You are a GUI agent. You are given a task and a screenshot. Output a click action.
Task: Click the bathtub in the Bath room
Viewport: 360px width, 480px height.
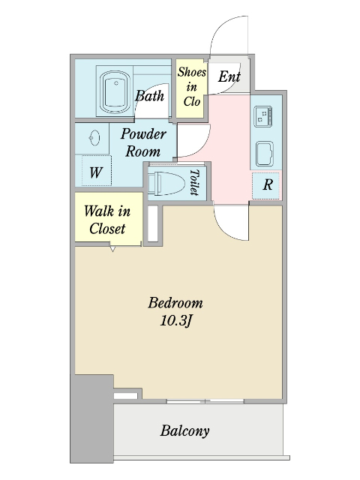tap(115, 91)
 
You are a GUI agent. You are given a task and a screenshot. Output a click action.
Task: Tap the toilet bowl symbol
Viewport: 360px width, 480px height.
tap(166, 183)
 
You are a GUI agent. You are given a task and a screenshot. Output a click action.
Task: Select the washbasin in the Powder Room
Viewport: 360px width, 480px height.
tap(94, 138)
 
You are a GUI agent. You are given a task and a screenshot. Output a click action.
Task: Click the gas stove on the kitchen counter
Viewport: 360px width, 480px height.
tap(263, 115)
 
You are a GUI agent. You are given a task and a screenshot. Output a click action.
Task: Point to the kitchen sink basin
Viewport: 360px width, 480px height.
tap(265, 154)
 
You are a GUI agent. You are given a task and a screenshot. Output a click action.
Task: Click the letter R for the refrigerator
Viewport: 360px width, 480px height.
tap(268, 184)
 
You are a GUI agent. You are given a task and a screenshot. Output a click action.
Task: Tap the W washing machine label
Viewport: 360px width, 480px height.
tap(96, 172)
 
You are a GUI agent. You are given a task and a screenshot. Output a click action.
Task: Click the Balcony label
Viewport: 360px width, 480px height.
tap(185, 431)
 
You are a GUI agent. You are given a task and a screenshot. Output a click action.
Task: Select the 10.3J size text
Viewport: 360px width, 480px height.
tap(175, 321)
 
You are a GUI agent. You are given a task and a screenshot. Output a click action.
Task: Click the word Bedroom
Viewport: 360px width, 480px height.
tap(175, 303)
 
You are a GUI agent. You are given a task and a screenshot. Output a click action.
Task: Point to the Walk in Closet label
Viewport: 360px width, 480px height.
tap(107, 220)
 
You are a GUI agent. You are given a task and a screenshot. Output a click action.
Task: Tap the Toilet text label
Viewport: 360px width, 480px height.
tap(194, 182)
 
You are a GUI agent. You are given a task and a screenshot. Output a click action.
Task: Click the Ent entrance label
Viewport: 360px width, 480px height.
tap(229, 76)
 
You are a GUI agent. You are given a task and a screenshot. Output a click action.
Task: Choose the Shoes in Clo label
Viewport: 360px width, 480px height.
tap(192, 87)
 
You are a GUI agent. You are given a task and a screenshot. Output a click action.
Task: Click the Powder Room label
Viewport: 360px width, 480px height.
tap(143, 142)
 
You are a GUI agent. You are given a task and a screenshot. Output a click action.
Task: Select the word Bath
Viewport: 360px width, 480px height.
tap(150, 96)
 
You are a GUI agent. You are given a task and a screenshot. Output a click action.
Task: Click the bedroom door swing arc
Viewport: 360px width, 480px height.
tap(225, 229)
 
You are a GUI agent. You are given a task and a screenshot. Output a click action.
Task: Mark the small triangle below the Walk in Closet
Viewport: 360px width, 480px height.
tap(112, 249)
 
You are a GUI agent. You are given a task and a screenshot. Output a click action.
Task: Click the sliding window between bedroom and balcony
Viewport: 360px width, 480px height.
tap(205, 401)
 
